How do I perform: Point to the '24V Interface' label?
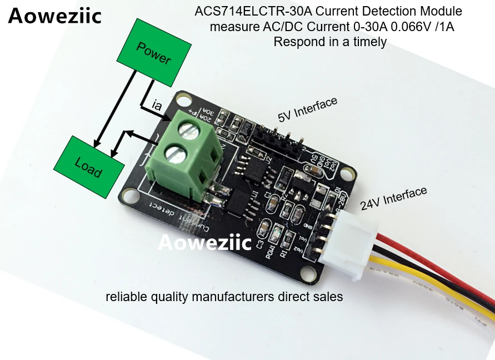[393, 198]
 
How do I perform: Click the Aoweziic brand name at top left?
[55, 17]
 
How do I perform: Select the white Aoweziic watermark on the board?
[205, 243]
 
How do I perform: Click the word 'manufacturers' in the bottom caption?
[226, 297]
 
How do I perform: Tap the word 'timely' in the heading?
[368, 42]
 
